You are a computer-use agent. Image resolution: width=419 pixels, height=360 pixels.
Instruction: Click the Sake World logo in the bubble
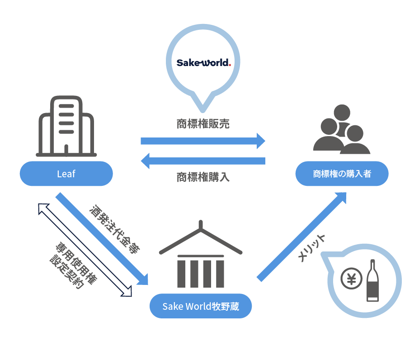203,62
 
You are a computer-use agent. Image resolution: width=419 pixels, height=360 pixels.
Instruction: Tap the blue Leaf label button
66,174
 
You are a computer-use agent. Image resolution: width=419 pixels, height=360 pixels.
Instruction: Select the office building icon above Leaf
66,126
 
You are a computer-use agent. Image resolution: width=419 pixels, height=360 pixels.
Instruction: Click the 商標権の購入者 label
342,174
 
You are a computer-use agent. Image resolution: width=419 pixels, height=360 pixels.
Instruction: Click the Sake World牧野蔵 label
200,306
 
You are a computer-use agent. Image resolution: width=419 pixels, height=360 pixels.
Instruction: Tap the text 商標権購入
203,177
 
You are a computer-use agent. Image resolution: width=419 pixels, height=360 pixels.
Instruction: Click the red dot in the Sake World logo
230,65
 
